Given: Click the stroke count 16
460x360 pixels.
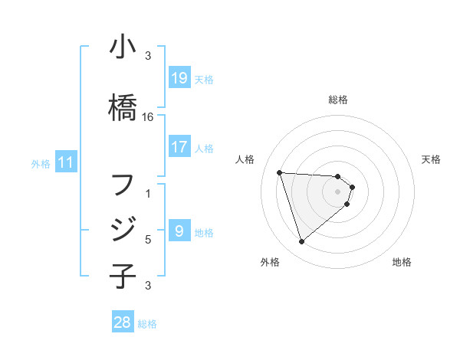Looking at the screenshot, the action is tap(148, 117).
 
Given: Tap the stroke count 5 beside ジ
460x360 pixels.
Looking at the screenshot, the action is tap(148, 240).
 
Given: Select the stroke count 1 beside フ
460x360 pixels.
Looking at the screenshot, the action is tap(148, 194).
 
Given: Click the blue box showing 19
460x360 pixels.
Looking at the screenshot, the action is tap(179, 78).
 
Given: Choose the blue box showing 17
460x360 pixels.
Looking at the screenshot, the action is tap(179, 146).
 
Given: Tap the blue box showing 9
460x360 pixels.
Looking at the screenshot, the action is tap(179, 231).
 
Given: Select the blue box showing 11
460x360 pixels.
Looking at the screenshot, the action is tap(66, 162).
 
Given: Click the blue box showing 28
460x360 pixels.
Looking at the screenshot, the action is tap(123, 322).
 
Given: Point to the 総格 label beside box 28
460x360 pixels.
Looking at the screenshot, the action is tap(147, 324).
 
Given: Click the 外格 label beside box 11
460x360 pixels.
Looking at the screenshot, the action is tap(41, 163).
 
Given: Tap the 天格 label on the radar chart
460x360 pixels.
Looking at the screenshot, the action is tap(431, 159).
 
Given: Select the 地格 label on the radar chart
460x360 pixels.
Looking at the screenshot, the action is tap(402, 262).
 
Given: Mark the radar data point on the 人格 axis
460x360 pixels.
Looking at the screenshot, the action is tap(280, 172).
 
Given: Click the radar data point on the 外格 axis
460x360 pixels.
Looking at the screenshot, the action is tap(301, 242).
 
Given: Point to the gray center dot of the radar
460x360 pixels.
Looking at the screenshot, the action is tap(338, 201).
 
